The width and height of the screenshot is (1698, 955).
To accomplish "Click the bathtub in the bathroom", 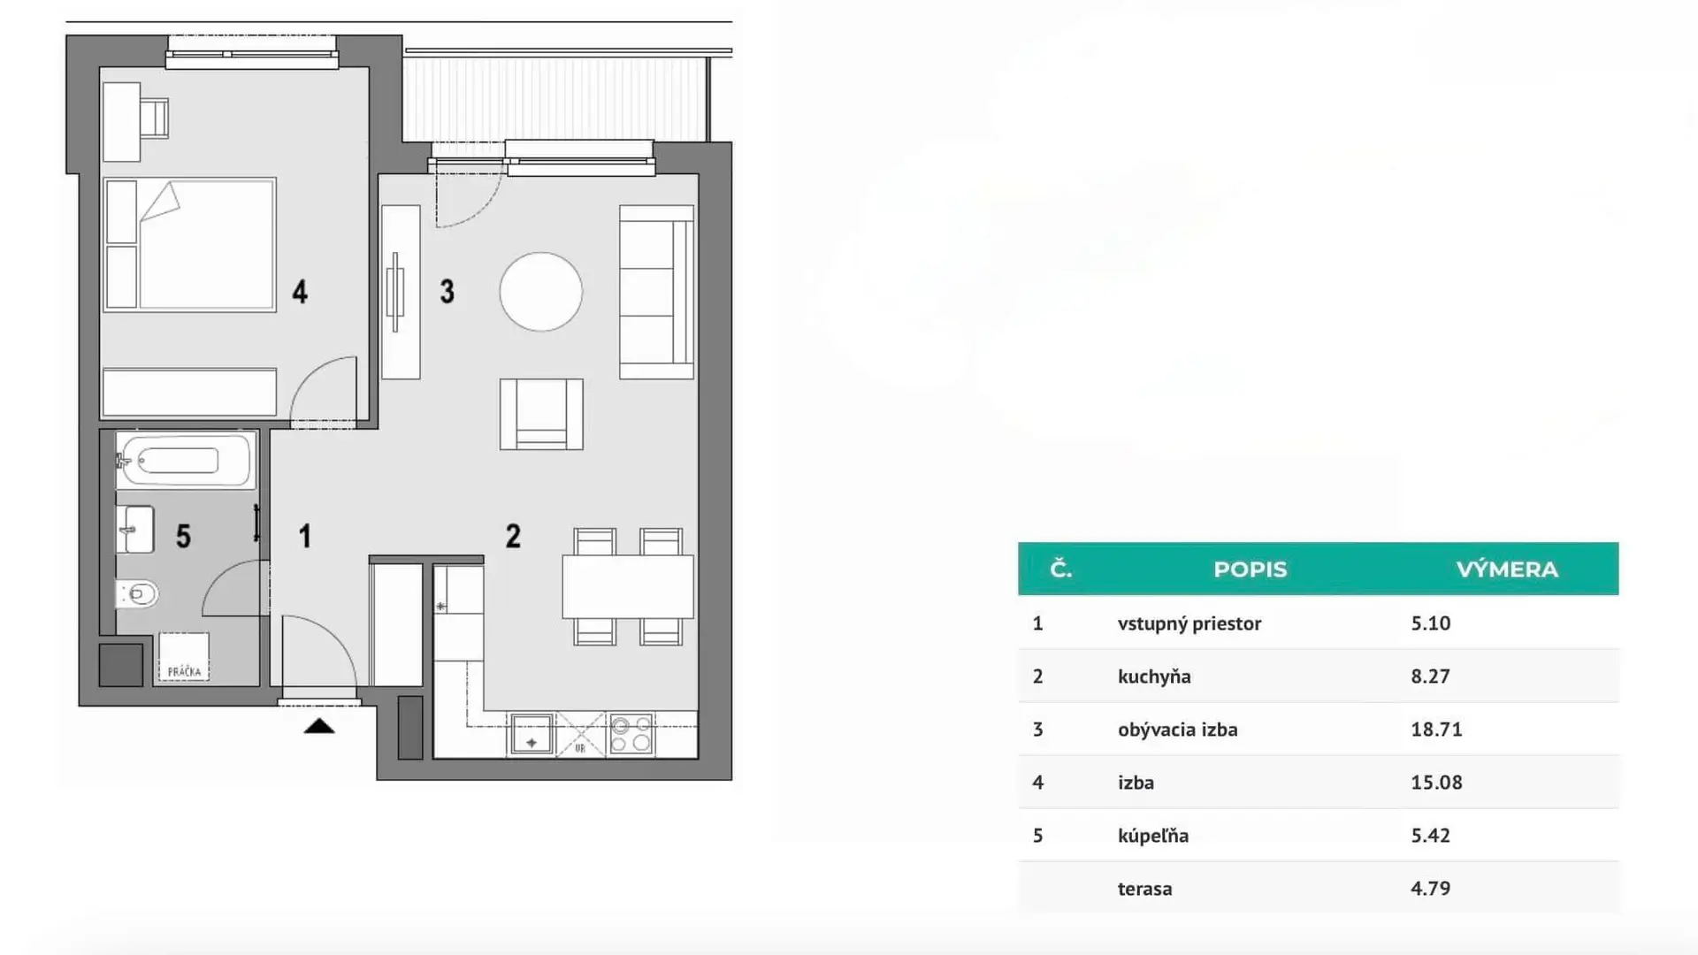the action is tap(186, 460).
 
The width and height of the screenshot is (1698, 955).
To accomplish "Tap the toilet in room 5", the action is tap(138, 593).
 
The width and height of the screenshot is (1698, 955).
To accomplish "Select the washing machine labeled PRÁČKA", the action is tap(184, 656).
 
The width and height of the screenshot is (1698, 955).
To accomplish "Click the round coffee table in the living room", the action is tap(541, 292).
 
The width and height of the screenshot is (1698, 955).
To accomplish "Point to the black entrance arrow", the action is tap(319, 726).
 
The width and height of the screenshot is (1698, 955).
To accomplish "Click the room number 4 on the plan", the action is tap(300, 292).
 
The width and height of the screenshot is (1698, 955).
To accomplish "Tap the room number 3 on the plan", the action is tap(447, 292).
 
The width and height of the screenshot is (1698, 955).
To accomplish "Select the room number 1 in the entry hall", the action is tap(305, 536).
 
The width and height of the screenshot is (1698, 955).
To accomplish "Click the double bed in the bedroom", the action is tap(190, 245).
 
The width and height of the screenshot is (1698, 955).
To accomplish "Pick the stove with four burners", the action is tap(631, 734).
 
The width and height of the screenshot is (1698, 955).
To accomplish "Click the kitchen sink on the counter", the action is tap(531, 735).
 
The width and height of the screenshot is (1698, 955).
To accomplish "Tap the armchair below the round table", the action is tap(541, 414).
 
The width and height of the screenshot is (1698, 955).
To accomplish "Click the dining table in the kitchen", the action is tap(628, 586).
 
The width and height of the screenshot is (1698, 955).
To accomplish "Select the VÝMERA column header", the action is tap(1507, 569).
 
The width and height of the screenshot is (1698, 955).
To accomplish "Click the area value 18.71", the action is tap(1436, 730).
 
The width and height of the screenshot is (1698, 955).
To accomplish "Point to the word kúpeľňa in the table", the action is tap(1153, 836).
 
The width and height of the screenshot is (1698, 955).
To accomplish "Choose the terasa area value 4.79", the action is tap(1430, 888).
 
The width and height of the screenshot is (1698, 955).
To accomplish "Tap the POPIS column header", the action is tap(1250, 569).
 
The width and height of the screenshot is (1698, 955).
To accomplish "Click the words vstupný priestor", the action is tap(1189, 623).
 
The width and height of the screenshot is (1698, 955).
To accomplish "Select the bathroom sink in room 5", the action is tap(135, 530).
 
